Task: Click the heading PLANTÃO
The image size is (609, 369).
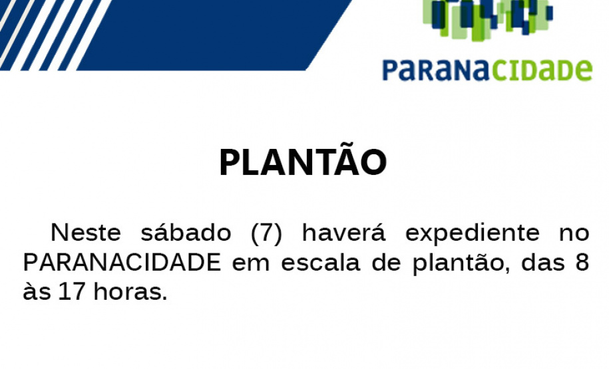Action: coord(303,162)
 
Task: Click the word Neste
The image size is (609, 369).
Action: coord(86,233)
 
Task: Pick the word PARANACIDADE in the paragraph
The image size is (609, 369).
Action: coord(122,263)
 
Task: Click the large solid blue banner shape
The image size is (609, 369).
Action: coord(220,33)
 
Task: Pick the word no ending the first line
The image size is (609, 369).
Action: coord(574,235)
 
